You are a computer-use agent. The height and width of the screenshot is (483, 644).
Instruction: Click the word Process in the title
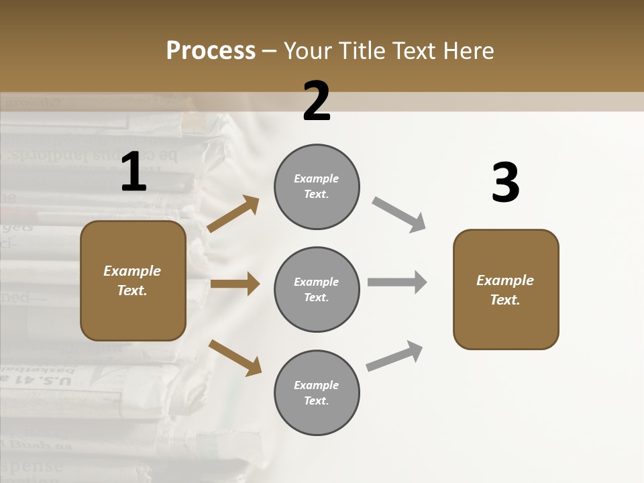click(x=211, y=51)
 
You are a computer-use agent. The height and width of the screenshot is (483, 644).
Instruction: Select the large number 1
click(x=133, y=172)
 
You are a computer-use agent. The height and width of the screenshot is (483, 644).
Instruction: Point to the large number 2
click(x=317, y=101)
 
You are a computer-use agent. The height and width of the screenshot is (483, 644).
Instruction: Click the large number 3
click(x=505, y=183)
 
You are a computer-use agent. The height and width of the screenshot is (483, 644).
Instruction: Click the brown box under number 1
click(x=133, y=280)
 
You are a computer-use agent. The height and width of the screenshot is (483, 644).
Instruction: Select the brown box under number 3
click(x=506, y=290)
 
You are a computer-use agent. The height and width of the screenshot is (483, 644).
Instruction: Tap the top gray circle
click(x=317, y=186)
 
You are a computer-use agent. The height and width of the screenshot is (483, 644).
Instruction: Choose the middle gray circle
click(x=317, y=290)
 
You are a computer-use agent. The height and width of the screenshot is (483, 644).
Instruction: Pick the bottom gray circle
click(x=317, y=393)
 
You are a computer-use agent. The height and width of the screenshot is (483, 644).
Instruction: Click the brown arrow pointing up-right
click(x=233, y=214)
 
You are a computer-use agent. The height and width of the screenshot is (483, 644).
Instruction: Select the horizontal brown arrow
click(x=235, y=284)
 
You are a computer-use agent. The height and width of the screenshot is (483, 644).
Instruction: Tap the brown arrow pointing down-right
click(x=235, y=358)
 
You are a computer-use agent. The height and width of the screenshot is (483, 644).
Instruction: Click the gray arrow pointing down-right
click(x=399, y=215)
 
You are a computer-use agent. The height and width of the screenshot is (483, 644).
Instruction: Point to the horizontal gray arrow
click(x=397, y=282)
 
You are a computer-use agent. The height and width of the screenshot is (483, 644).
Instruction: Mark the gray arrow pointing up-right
click(x=394, y=356)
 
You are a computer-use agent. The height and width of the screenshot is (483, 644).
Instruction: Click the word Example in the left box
click(x=132, y=271)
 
